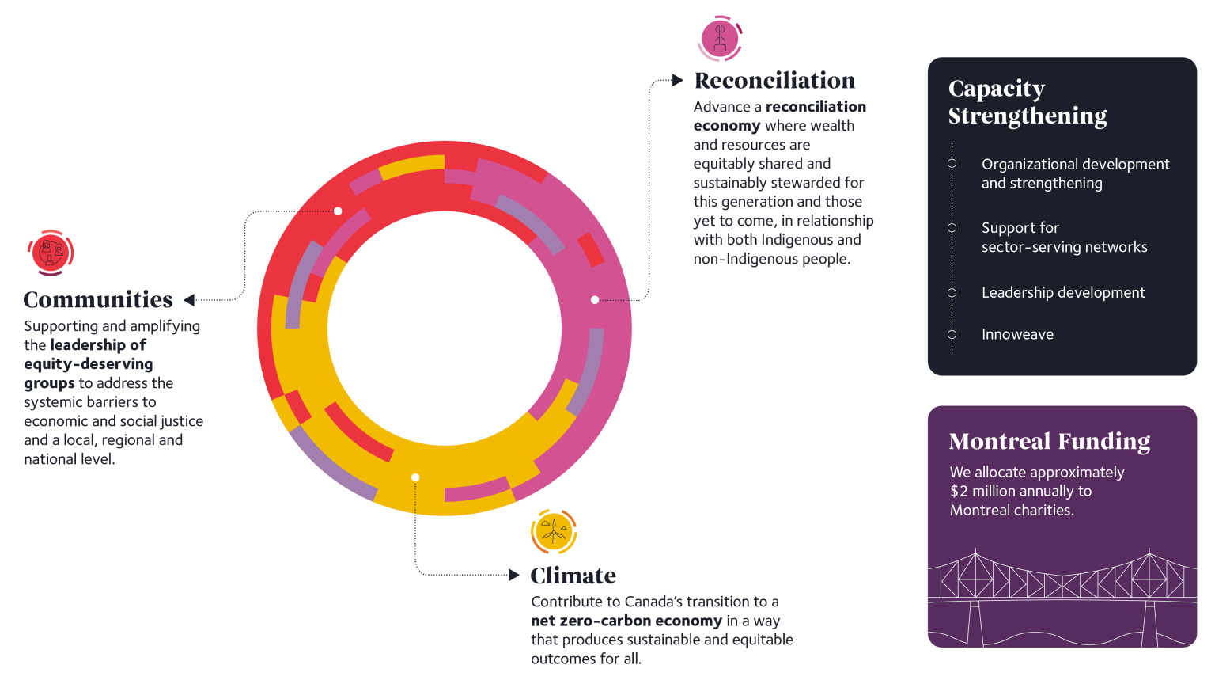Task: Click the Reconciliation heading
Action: tap(774, 80)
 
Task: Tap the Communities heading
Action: tap(98, 300)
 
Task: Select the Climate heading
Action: tap(573, 576)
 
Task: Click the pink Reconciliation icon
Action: tap(720, 39)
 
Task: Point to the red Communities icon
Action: tap(51, 253)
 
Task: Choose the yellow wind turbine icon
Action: tap(553, 531)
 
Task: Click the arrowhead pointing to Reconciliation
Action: tap(677, 80)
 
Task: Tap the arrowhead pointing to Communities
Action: tap(189, 300)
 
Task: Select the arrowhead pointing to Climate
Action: tap(513, 575)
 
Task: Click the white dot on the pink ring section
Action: tap(595, 300)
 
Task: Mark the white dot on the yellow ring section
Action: tap(415, 477)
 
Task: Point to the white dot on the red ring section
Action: tap(338, 211)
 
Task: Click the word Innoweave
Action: tap(1017, 334)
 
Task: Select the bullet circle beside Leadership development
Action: tap(952, 293)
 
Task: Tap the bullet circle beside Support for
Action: tap(952, 227)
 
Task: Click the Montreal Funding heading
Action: tap(1049, 441)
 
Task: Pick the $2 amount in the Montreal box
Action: tap(959, 492)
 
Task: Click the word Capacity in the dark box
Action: tap(997, 89)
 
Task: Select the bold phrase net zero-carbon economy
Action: tap(626, 621)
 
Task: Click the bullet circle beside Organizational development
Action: tap(952, 163)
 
